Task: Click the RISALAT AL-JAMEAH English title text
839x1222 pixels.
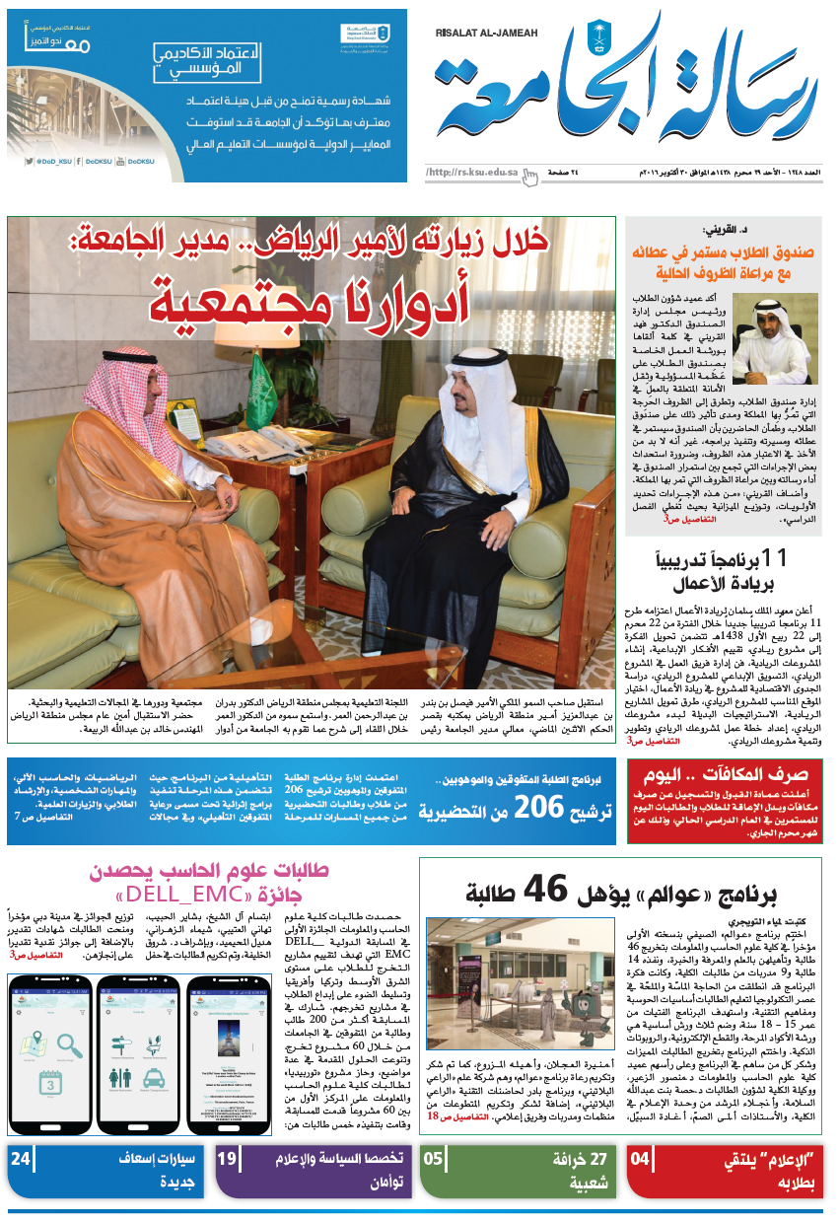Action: (486, 33)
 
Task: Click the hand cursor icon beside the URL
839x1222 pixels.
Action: (530, 176)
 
